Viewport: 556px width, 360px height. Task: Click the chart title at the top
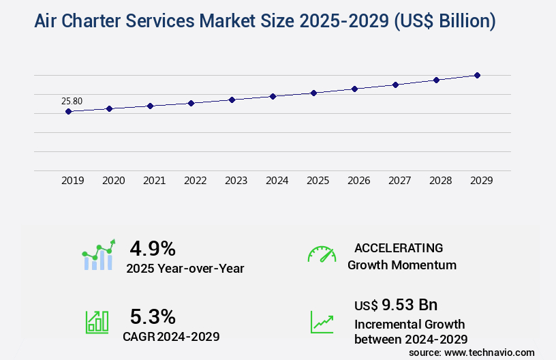click(x=264, y=21)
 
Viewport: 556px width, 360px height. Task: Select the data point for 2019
click(x=68, y=111)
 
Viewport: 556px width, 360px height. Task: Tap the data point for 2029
click(x=477, y=75)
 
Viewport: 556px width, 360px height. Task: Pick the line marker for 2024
click(x=273, y=96)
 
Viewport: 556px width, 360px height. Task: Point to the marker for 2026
click(x=354, y=89)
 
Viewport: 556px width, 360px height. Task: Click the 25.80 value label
click(x=72, y=101)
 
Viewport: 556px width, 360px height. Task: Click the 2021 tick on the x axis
click(x=154, y=181)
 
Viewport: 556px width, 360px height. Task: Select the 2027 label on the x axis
click(x=399, y=181)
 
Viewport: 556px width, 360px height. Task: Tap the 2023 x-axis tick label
click(x=236, y=181)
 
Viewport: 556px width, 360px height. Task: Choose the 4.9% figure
click(x=153, y=247)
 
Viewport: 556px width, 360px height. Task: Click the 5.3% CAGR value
click(x=153, y=316)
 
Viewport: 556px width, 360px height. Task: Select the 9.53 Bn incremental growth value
click(x=396, y=304)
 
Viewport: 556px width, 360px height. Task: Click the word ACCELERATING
click(x=399, y=247)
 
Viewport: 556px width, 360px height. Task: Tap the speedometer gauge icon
click(x=322, y=254)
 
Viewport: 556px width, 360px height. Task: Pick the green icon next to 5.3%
click(x=97, y=321)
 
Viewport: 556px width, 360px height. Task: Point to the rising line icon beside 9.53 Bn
click(x=322, y=321)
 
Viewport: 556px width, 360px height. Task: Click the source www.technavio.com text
click(x=472, y=352)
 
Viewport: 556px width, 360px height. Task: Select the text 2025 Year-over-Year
click(x=185, y=269)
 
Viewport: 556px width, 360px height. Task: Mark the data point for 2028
click(x=436, y=80)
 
